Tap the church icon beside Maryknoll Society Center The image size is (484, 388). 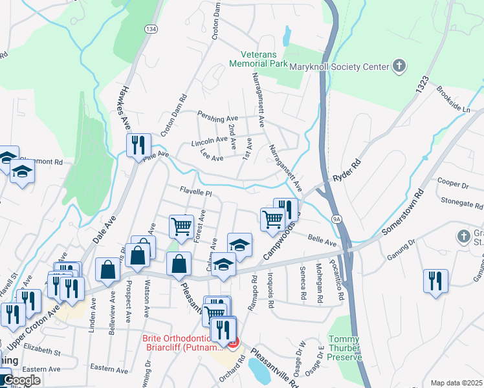click(399, 66)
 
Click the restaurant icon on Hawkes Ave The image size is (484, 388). click(138, 145)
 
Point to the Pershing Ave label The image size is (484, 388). click(218, 119)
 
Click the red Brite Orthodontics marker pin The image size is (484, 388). click(233, 341)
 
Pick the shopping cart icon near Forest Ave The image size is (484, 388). click(182, 226)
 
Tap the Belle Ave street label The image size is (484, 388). click(322, 241)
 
